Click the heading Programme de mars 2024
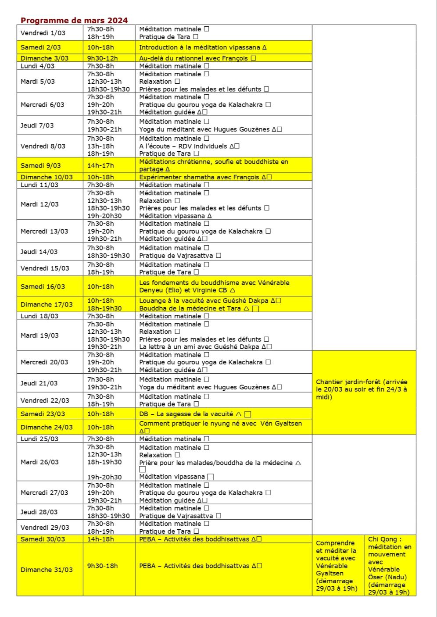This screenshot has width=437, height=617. point(74,20)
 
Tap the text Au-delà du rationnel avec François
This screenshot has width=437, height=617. point(194,58)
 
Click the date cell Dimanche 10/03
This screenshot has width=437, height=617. point(47,177)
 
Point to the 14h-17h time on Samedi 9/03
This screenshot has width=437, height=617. point(100,165)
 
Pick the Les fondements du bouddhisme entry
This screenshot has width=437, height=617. point(214,286)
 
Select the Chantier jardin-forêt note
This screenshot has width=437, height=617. point(362,389)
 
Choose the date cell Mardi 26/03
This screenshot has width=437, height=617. point(39,462)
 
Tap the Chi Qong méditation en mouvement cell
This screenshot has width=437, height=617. point(390,566)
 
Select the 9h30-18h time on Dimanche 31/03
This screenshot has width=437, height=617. point(102,566)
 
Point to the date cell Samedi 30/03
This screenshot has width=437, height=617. point(43,539)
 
